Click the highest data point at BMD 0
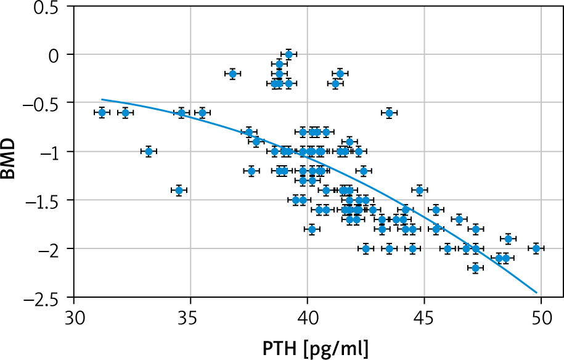(x=288, y=54)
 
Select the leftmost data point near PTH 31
(x=102, y=112)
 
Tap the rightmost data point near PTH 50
(x=536, y=248)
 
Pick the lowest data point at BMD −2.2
(x=475, y=268)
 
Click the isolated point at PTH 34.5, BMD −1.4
(x=179, y=190)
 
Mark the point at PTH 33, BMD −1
(x=149, y=151)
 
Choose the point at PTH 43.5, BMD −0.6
(x=389, y=112)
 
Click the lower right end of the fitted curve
(x=537, y=292)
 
